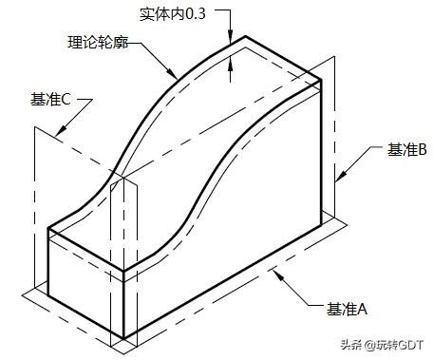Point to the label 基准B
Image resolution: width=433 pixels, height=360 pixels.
(407, 149)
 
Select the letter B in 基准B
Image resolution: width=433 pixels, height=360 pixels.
(424, 149)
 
